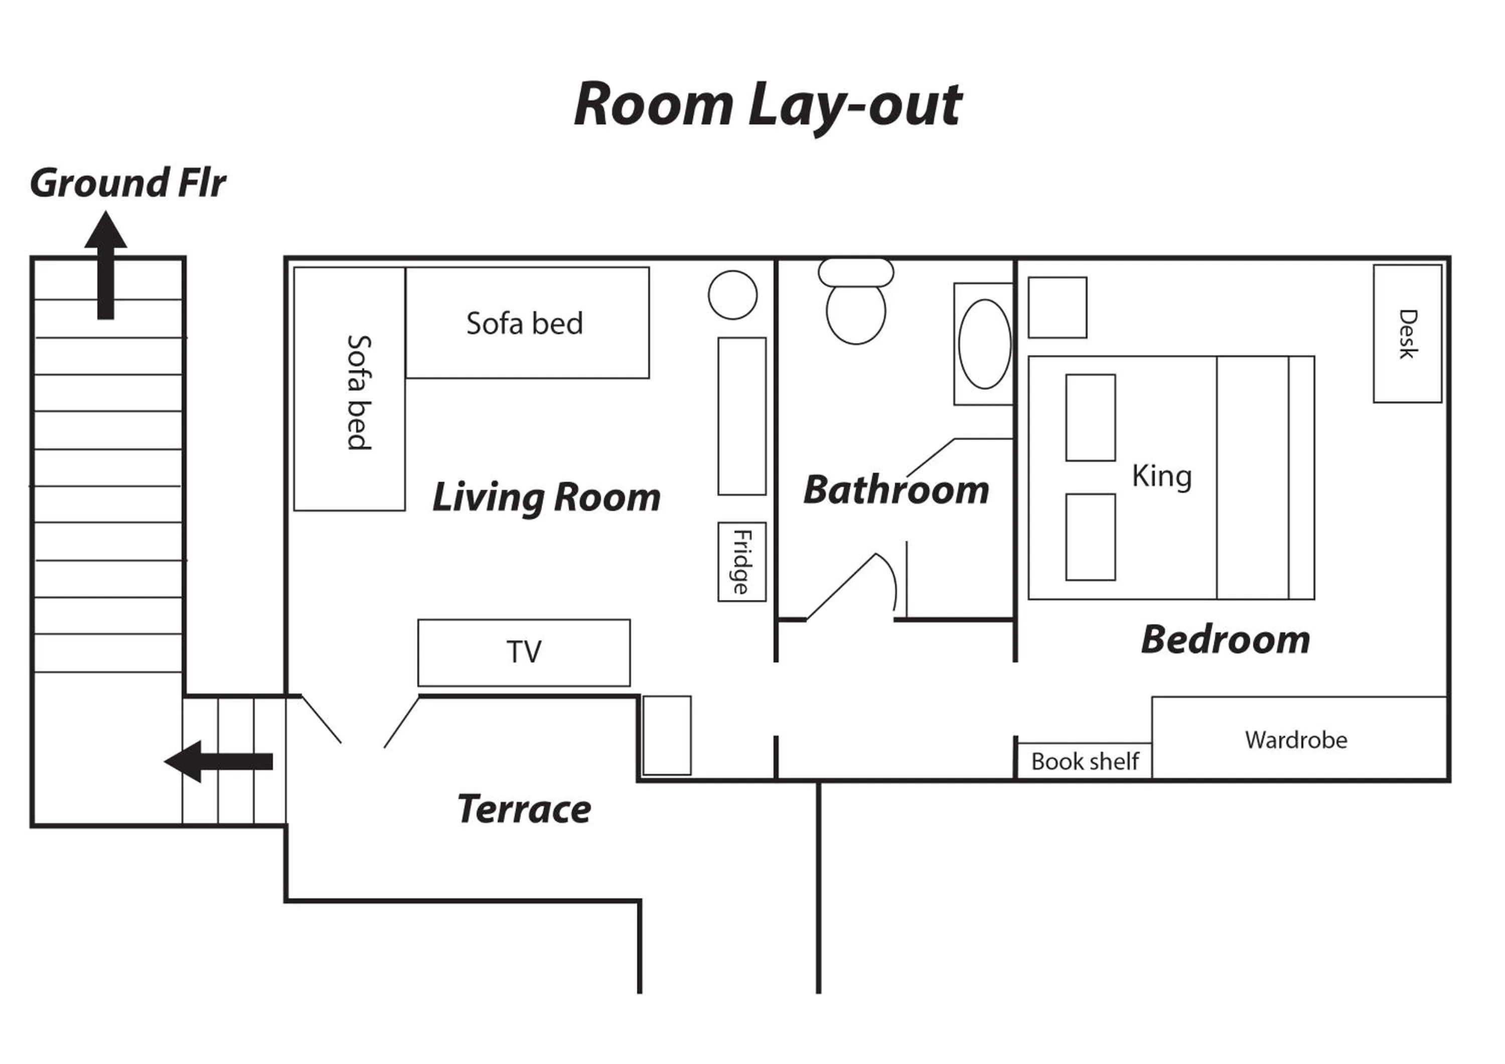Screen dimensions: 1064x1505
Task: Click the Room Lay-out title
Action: click(767, 105)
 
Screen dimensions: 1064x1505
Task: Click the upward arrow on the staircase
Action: click(105, 265)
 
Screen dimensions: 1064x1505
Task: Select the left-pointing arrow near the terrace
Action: click(218, 761)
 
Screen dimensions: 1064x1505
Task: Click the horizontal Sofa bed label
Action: click(524, 323)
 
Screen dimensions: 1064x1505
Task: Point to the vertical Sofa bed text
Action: click(359, 392)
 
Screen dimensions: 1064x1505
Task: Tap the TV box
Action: click(524, 652)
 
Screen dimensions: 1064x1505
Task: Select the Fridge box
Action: click(741, 561)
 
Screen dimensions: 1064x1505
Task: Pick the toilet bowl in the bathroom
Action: click(855, 313)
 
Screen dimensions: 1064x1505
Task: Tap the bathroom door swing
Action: click(852, 587)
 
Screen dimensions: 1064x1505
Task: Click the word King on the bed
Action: click(1161, 477)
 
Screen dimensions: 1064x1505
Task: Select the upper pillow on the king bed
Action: click(1090, 418)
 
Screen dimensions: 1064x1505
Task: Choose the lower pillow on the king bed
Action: click(1090, 537)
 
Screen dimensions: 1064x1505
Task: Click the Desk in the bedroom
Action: click(1407, 334)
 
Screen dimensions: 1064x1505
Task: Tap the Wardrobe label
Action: click(1296, 740)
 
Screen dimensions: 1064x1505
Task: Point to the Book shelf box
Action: click(1084, 761)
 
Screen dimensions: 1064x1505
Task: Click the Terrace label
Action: click(524, 809)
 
